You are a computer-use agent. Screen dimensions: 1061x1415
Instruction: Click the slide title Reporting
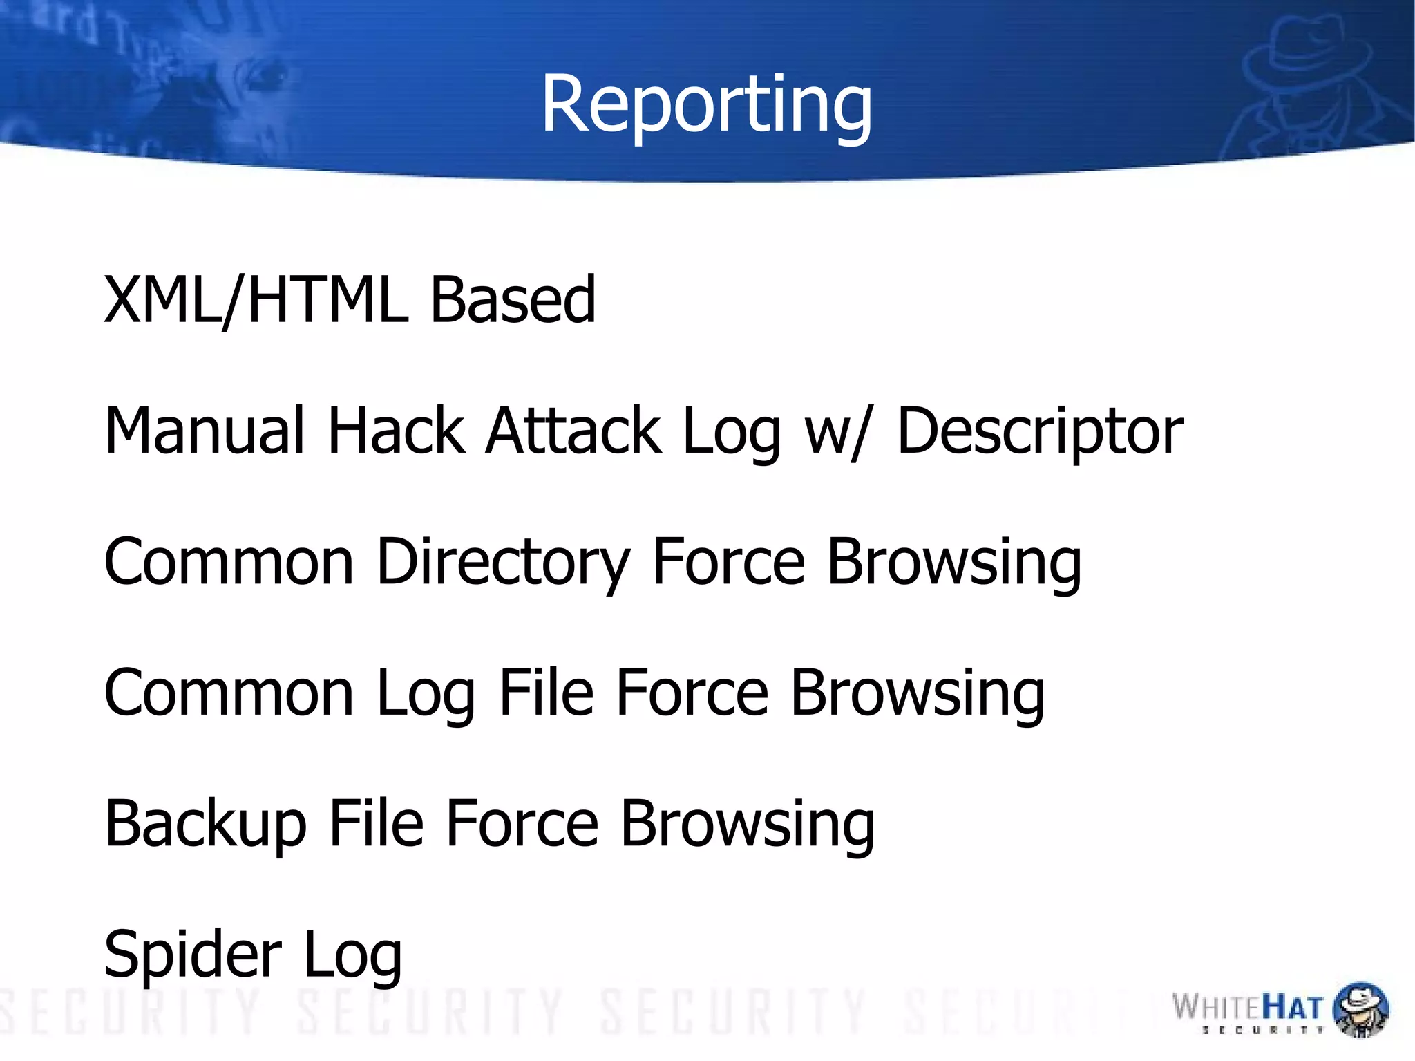click(x=706, y=105)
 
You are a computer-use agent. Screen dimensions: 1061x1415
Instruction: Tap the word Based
click(x=513, y=299)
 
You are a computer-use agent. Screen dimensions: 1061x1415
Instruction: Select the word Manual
click(x=204, y=431)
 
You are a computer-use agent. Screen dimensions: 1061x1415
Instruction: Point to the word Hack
click(x=396, y=431)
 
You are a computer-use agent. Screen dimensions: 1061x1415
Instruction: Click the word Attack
click(x=573, y=431)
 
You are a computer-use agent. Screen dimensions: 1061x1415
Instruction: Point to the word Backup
click(x=205, y=824)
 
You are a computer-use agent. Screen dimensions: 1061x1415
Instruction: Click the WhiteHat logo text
click(x=1248, y=1008)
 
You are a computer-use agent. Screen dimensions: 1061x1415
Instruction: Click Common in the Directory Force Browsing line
click(x=229, y=562)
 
